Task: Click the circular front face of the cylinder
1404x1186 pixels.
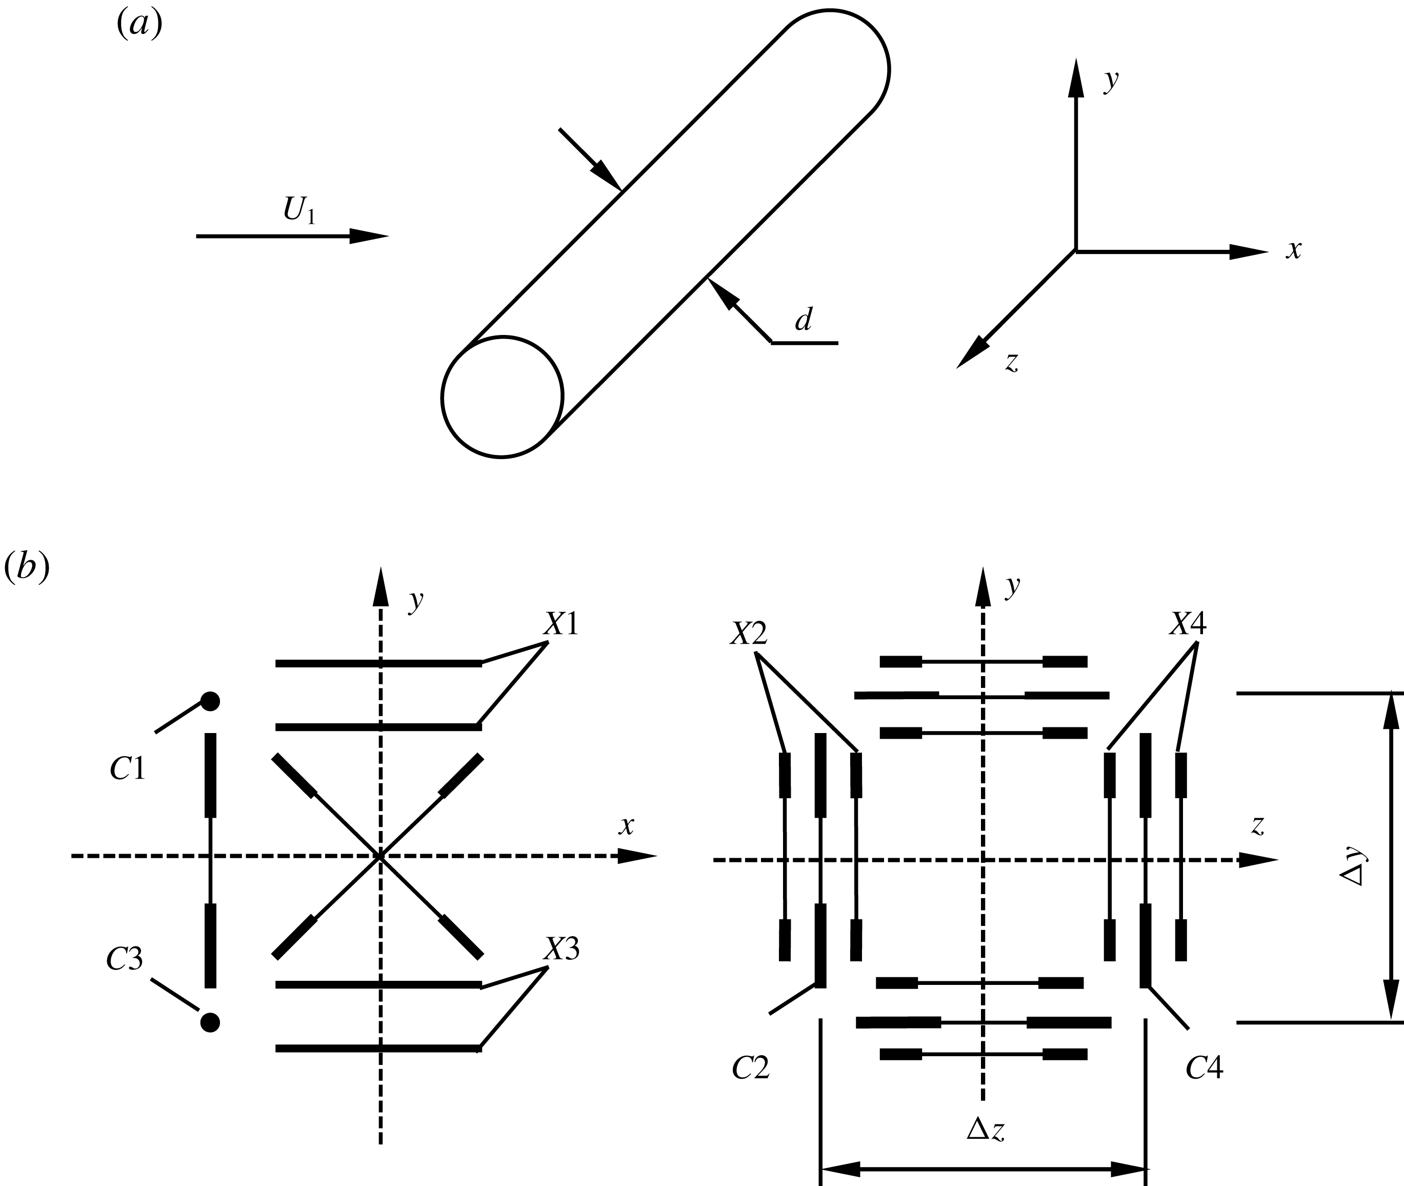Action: [502, 397]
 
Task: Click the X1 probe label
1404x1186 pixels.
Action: [561, 625]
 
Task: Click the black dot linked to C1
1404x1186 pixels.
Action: [210, 701]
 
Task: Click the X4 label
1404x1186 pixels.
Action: [1188, 625]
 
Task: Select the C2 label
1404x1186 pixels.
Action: [750, 1068]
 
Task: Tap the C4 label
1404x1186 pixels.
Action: [1205, 1068]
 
